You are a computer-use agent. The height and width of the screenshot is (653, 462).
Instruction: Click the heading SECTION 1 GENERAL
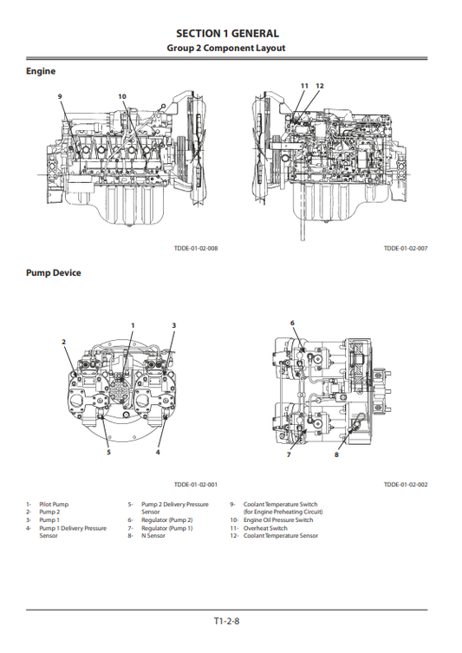(x=231, y=33)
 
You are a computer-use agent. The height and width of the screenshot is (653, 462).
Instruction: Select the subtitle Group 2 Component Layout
(x=231, y=48)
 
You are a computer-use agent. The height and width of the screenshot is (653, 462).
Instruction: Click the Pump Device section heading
(x=53, y=272)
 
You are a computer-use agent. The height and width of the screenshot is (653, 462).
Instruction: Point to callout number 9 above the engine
(x=60, y=95)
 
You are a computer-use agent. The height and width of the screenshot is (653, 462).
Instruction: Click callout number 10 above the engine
(x=121, y=95)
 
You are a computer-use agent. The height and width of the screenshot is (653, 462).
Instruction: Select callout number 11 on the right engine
(x=304, y=86)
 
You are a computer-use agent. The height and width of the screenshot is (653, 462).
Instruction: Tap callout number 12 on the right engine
(x=320, y=86)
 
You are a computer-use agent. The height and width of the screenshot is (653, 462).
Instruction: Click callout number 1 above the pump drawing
(x=133, y=324)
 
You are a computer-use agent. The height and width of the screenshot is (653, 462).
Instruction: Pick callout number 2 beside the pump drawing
(x=63, y=341)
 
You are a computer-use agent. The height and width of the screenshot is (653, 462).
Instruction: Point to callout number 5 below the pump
(x=108, y=452)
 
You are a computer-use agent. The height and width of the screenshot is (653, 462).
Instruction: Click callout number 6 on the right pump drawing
(x=292, y=323)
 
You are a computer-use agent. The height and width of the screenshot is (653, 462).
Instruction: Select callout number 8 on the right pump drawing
(x=337, y=454)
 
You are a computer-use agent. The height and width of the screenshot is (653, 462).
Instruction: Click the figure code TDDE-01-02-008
(x=195, y=248)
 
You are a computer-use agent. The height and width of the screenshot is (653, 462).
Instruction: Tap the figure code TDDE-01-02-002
(x=405, y=486)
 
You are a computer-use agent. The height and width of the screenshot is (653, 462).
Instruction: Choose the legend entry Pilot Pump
(x=53, y=504)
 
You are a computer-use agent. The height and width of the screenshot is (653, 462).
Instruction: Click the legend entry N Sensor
(x=153, y=536)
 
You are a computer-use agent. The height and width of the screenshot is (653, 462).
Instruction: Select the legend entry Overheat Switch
(x=264, y=528)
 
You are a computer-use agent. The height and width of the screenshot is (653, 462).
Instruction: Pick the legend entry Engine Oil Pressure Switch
(x=277, y=520)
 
